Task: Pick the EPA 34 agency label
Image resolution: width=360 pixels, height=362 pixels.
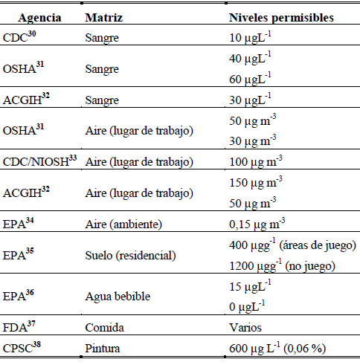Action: pyautogui.click(x=19, y=223)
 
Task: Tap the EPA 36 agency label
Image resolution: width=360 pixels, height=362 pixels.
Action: pyautogui.click(x=19, y=295)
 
